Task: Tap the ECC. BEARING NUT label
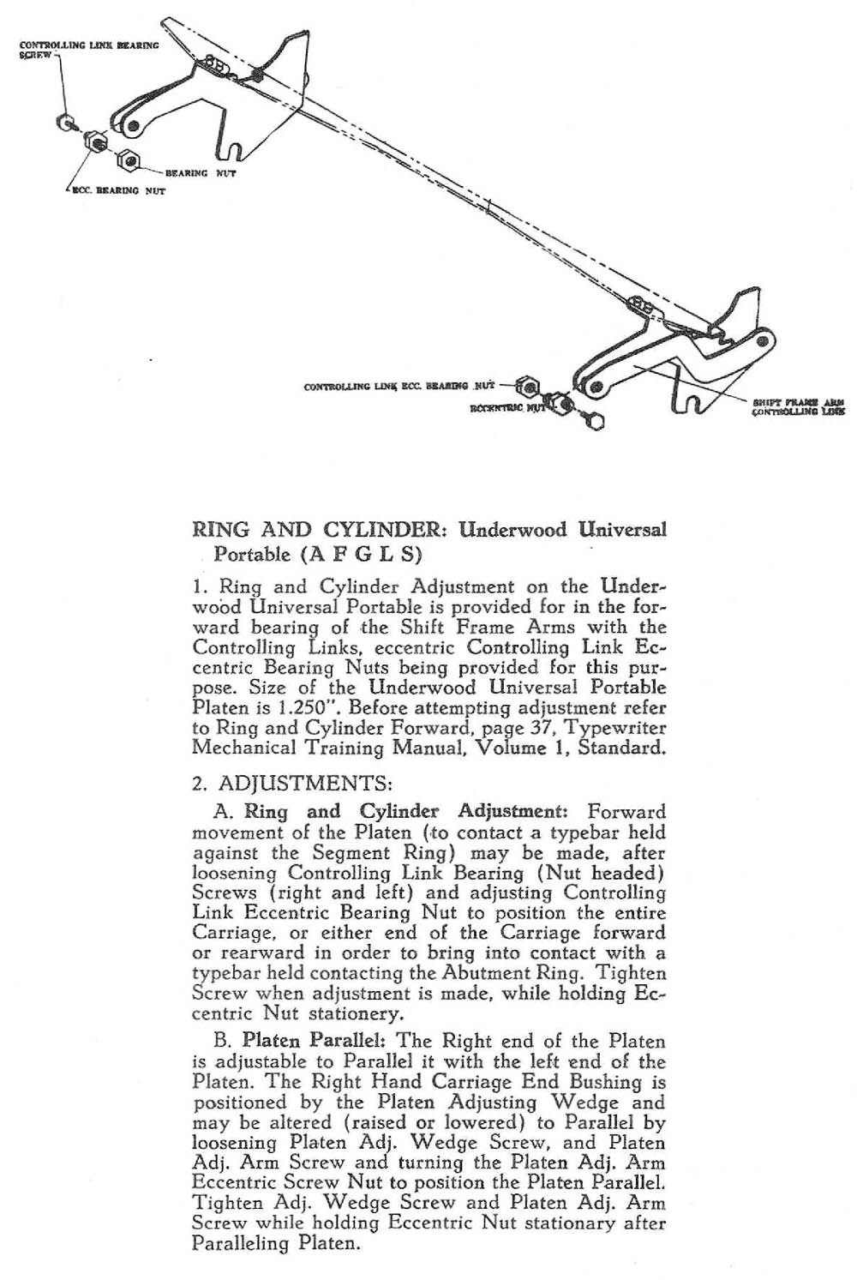pyautogui.click(x=117, y=191)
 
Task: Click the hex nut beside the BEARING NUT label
pyautogui.click(x=129, y=159)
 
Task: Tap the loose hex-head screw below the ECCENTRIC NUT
pyautogui.click(x=596, y=420)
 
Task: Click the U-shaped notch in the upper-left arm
pyautogui.click(x=237, y=153)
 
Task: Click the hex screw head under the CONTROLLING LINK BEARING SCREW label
pyautogui.click(x=64, y=123)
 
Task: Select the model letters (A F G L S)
pyautogui.click(x=360, y=554)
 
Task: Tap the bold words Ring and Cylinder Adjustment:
pyautogui.click(x=404, y=811)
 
